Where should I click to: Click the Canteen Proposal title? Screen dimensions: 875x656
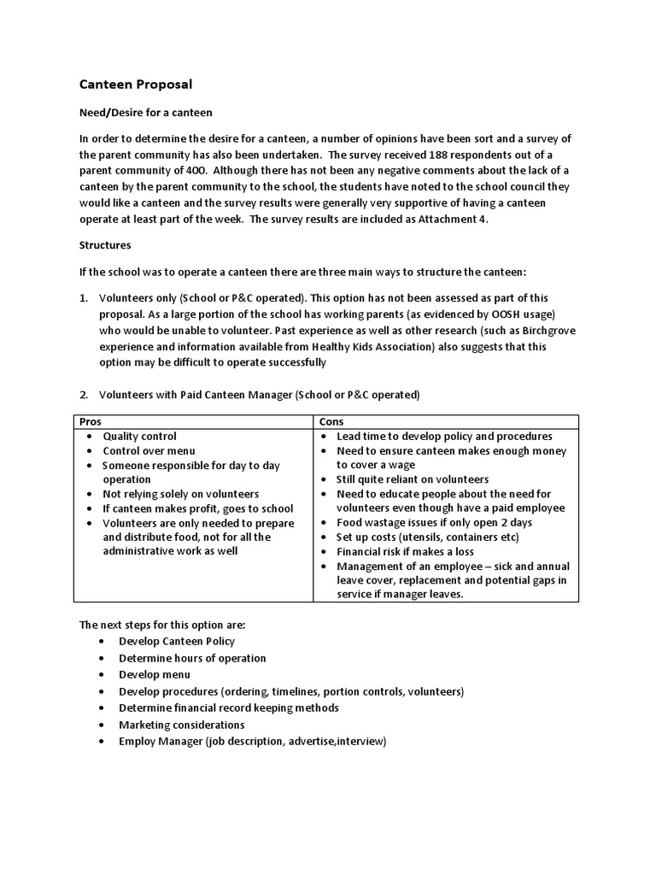136,84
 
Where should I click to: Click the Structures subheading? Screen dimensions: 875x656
105,244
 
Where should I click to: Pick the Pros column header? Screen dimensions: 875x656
91,422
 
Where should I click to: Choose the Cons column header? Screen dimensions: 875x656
331,422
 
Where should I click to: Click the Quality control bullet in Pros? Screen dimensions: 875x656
140,437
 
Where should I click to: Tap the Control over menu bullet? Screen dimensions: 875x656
149,451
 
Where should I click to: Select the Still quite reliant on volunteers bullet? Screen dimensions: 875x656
413,479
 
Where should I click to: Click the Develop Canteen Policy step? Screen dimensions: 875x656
177,641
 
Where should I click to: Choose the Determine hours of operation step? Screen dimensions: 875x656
192,658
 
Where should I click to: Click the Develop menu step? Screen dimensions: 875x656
155,675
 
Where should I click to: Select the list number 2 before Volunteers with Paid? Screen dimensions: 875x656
84,395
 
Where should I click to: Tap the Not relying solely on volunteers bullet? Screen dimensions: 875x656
181,494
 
